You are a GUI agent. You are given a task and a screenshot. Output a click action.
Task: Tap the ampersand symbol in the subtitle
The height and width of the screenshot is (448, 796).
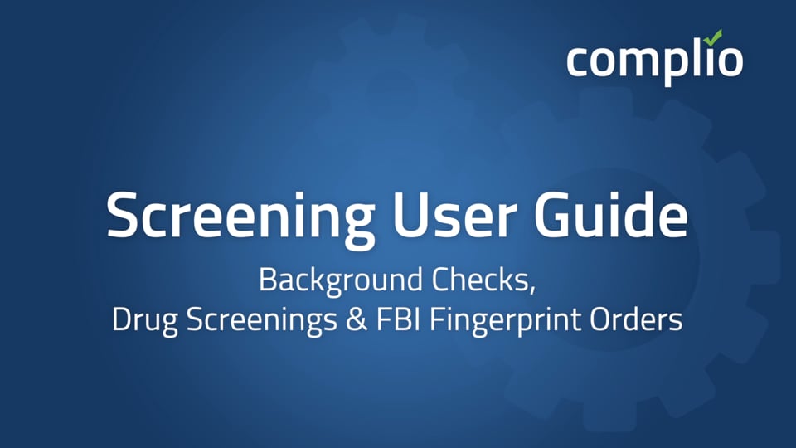pos(359,320)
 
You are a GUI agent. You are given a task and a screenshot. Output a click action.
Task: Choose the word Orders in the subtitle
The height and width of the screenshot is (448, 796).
pos(639,320)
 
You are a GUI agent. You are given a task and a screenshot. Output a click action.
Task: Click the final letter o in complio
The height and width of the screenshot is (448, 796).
pos(729,61)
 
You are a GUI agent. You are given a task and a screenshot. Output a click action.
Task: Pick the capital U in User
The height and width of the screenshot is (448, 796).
pos(407,216)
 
